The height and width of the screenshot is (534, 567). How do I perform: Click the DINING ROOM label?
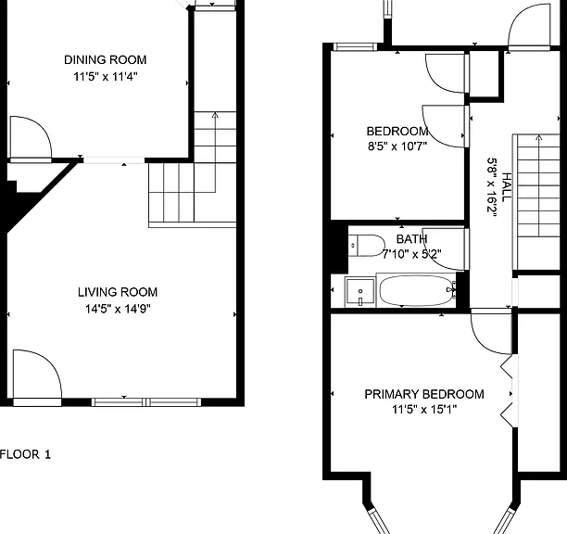[106, 59]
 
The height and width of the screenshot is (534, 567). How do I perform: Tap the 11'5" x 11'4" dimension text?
[106, 77]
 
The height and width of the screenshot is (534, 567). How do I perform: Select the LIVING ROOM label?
[118, 292]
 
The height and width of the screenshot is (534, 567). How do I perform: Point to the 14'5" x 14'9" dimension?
[118, 309]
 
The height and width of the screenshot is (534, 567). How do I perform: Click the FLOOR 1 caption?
[25, 454]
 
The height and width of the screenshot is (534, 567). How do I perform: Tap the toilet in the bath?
[366, 246]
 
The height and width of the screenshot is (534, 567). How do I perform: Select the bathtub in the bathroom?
[416, 290]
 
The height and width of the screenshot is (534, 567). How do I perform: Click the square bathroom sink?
[359, 291]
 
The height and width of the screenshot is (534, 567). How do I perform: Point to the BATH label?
[412, 239]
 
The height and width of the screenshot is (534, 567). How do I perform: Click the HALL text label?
[507, 187]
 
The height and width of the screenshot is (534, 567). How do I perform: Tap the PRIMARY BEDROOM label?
[424, 394]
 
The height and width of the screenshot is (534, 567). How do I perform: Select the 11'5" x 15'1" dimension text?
[424, 410]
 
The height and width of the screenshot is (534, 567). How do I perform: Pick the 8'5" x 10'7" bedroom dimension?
[397, 146]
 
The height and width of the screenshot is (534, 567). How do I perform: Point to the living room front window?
[146, 402]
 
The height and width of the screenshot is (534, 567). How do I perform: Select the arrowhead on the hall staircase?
[539, 137]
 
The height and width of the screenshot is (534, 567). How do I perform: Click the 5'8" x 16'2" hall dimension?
[491, 187]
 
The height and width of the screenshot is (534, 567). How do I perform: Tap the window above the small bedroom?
[355, 46]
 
